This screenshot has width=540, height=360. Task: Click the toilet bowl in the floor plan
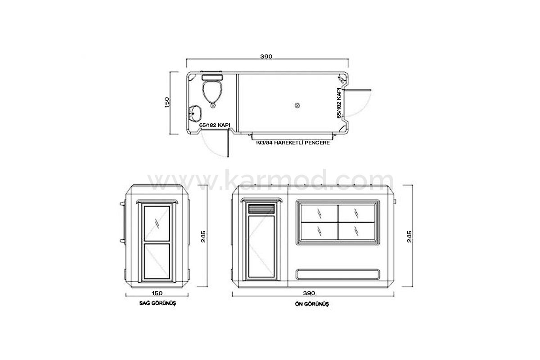point(212,92)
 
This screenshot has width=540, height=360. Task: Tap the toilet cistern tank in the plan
point(212,77)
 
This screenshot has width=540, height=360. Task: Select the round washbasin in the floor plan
point(195,113)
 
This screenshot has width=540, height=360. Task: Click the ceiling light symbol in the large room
point(297,105)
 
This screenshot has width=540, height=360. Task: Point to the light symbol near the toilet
point(213,105)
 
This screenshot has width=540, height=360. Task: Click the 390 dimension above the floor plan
point(266,56)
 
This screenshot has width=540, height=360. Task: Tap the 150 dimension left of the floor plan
point(167,102)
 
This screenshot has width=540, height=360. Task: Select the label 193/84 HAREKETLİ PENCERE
point(292,143)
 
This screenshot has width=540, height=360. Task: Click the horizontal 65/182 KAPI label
point(215,125)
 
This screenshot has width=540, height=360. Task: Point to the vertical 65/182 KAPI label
point(339,103)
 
